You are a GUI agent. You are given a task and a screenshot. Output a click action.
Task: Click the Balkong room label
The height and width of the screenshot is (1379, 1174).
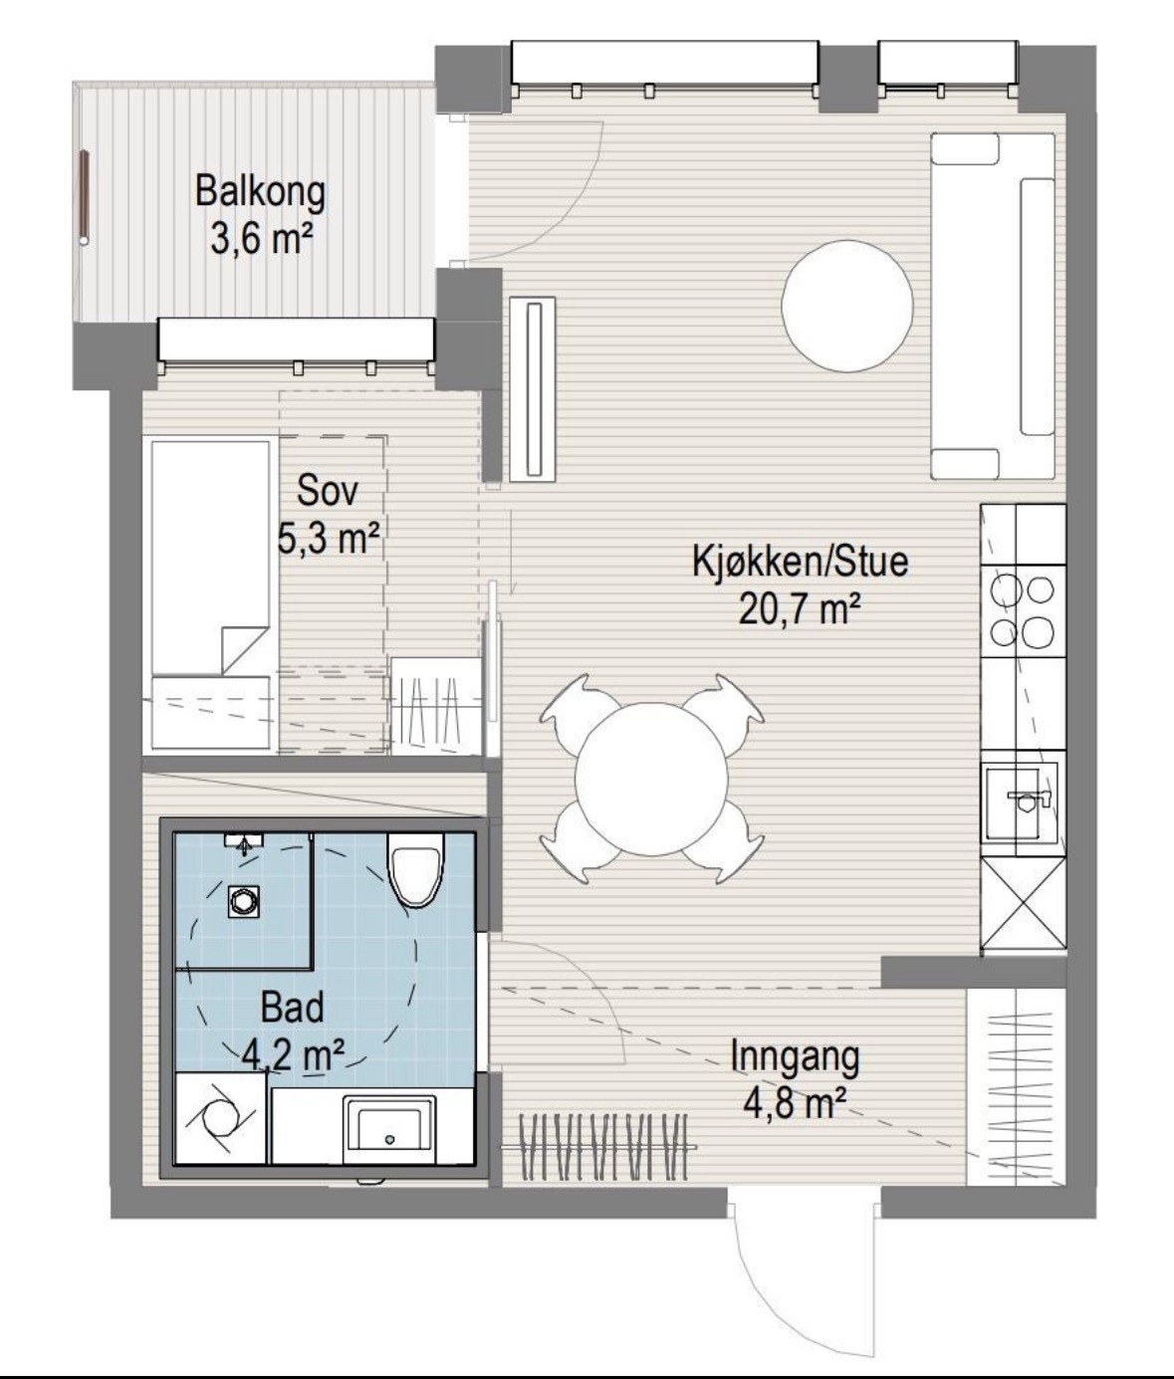tap(260, 191)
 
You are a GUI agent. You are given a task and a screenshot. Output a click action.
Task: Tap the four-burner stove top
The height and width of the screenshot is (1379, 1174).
tap(1022, 610)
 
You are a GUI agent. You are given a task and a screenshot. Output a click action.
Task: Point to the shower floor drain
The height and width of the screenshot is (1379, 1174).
tap(241, 901)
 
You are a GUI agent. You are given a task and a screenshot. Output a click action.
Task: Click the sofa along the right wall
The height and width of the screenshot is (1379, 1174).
tap(993, 306)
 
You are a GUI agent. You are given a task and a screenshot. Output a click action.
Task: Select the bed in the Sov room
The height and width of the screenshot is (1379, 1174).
tap(211, 592)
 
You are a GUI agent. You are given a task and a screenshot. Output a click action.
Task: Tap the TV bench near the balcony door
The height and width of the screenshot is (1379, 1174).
tap(533, 389)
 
